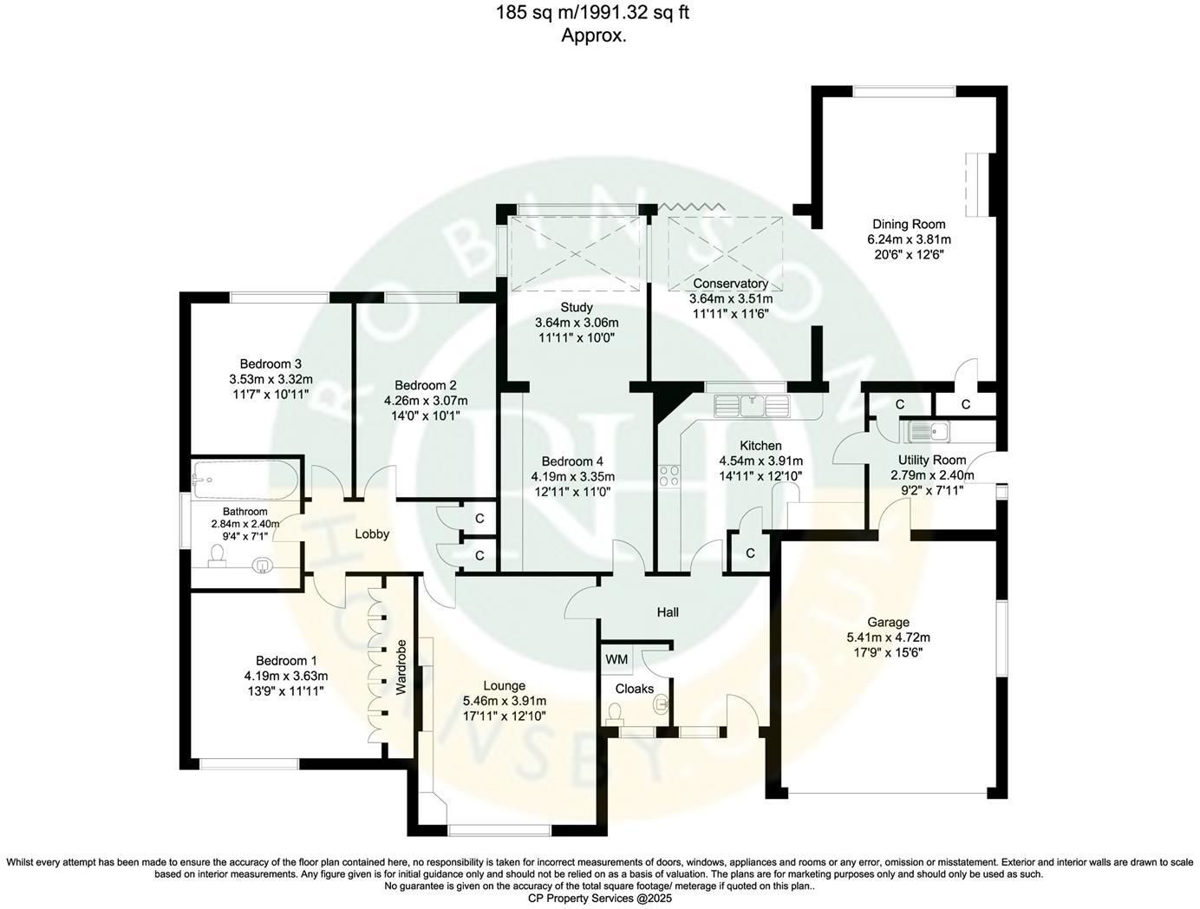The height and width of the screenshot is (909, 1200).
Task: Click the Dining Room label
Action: (x=909, y=225)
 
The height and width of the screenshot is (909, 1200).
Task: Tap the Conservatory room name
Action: (x=730, y=284)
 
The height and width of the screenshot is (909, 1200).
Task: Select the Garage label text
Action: (x=889, y=622)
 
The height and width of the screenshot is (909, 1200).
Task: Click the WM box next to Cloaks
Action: (x=616, y=660)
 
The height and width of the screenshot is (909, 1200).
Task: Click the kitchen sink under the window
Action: (x=752, y=404)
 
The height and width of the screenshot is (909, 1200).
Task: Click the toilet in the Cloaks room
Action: (x=615, y=713)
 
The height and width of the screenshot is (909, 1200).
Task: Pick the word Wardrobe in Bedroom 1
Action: (x=401, y=668)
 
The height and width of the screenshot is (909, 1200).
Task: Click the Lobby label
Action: (x=372, y=534)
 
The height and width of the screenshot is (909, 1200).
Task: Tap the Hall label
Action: (x=668, y=612)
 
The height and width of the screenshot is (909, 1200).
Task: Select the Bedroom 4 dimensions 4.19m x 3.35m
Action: (x=572, y=476)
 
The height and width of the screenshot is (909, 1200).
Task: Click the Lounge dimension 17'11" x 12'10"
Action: (x=505, y=716)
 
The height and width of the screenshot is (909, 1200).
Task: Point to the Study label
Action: (x=577, y=307)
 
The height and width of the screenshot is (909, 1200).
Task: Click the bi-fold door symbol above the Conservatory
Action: (x=691, y=206)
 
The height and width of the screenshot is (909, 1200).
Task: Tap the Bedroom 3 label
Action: (x=271, y=363)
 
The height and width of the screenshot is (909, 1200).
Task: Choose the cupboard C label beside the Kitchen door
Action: (x=750, y=553)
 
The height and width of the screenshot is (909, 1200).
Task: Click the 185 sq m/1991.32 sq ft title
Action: (x=593, y=13)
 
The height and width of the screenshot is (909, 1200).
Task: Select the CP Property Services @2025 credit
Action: (x=600, y=899)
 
